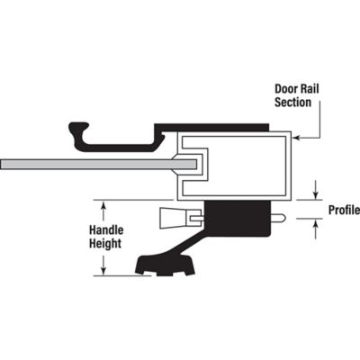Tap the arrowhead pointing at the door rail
pyautogui.click(x=297, y=136)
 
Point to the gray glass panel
pyautogui.click(x=81, y=164)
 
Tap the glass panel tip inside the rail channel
pyautogui.click(x=190, y=164)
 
